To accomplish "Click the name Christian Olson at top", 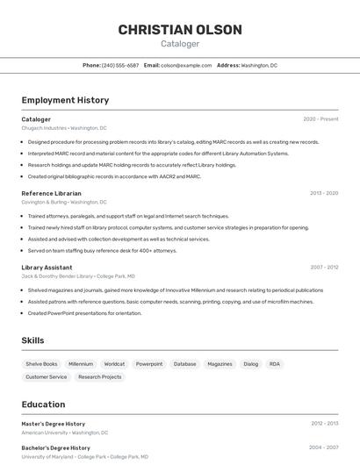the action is tap(180, 30).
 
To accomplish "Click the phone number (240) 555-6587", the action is tap(120, 65).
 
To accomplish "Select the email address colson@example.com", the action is tap(186, 65).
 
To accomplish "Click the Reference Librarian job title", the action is tap(51, 193).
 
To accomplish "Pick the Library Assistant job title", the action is tap(47, 267).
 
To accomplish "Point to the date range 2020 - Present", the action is tap(320, 119).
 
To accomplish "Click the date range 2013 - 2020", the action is tap(324, 193).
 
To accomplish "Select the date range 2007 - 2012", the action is tap(324, 267).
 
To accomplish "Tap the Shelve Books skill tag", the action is tap(41, 363).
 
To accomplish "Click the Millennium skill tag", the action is tap(81, 363).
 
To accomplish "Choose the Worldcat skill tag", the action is tap(114, 363).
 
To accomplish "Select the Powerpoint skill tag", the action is tap(148, 363).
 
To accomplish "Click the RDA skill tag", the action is tap(275, 363).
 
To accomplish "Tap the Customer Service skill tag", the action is tap(46, 376).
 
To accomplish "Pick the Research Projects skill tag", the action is tap(99, 376).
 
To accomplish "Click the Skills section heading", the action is tap(32, 340).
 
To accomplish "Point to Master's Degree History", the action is tap(53, 424).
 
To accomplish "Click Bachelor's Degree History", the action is tap(55, 447).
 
